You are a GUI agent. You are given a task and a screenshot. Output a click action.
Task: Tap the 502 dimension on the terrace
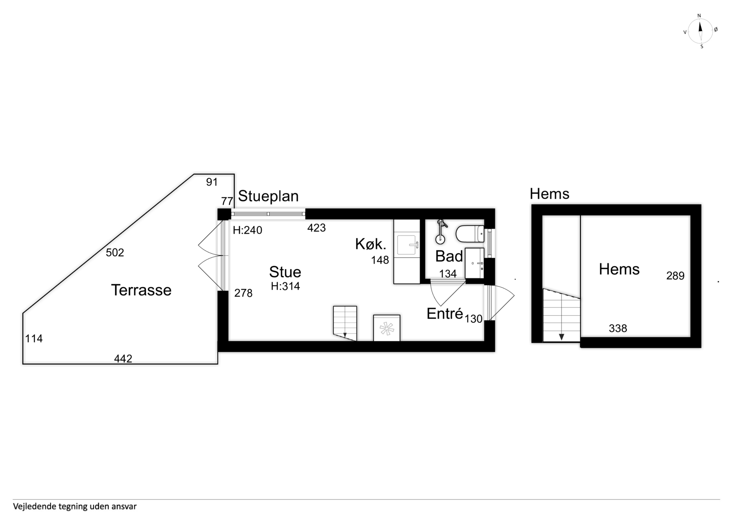[x=115, y=253]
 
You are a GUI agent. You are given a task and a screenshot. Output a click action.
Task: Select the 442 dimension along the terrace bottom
[x=123, y=358]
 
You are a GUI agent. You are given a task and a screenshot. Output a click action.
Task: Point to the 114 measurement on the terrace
[x=34, y=338]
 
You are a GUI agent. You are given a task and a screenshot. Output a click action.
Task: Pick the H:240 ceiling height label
[x=247, y=230]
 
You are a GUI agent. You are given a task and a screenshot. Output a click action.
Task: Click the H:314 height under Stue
[x=285, y=286]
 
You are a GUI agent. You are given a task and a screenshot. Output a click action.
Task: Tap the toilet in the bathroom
[x=470, y=234]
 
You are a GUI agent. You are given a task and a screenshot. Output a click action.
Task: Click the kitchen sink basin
[x=407, y=245]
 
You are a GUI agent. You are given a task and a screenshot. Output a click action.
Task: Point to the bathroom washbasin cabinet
[x=474, y=263]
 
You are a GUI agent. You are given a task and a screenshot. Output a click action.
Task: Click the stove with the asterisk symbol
[x=387, y=328]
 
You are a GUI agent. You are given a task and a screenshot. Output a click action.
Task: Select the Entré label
[x=445, y=314]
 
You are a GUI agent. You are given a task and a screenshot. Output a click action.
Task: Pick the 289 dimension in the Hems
[x=675, y=276]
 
